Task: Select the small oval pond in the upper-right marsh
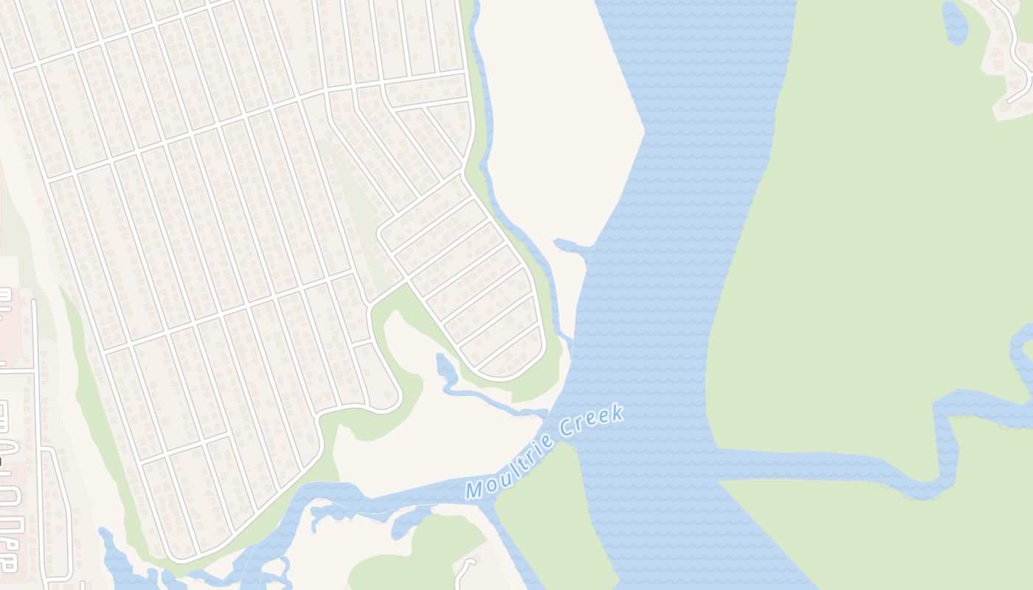click(x=956, y=22)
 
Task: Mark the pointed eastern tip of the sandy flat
click(x=643, y=131)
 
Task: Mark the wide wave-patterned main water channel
click(x=664, y=295)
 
